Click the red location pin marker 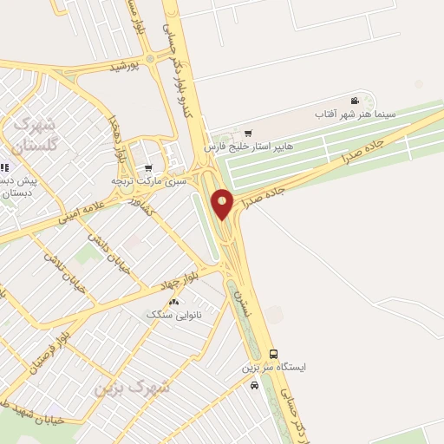tap(223, 203)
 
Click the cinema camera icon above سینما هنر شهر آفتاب tap(354, 101)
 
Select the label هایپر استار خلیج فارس tap(249, 147)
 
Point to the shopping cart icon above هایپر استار tap(249, 134)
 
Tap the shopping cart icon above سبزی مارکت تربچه tap(149, 168)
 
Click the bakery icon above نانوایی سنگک tap(175, 303)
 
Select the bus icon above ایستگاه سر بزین tap(274, 354)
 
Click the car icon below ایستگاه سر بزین tap(253, 386)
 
